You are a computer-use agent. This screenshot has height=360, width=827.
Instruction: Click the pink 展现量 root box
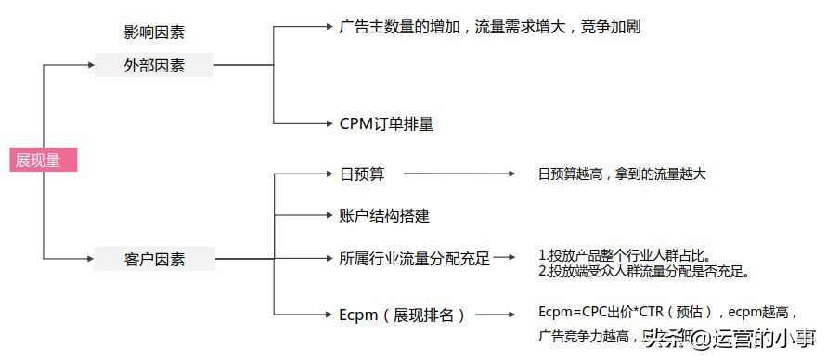tap(43, 160)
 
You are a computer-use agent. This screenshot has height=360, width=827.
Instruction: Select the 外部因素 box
tap(154, 65)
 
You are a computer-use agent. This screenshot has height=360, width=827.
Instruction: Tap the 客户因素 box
tap(154, 259)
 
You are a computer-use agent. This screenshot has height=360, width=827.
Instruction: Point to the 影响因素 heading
tap(154, 32)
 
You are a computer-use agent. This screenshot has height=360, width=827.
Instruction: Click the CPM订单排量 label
tap(386, 123)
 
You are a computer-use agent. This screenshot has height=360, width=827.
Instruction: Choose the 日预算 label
tap(362, 174)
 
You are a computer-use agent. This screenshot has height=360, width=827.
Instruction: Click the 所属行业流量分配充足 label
tap(414, 259)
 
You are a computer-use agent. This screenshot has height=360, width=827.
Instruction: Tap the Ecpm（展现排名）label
tap(402, 315)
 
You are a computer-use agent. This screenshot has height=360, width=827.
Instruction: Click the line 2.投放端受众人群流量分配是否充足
tap(644, 272)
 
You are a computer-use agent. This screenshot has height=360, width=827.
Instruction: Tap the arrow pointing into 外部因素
tap(70, 65)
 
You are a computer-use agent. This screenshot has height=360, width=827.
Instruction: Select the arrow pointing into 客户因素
tap(70, 259)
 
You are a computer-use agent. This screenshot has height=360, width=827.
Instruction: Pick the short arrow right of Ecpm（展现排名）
tap(497, 315)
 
